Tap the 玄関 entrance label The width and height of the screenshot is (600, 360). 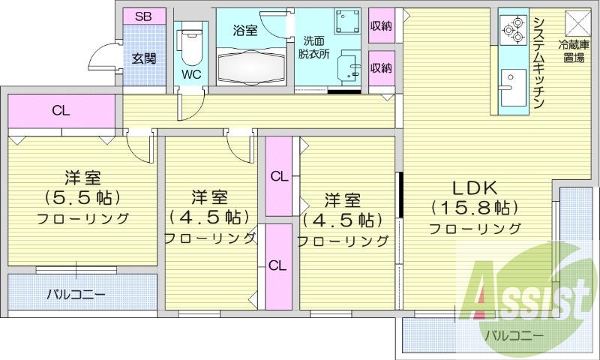pyautogui.click(x=144, y=58)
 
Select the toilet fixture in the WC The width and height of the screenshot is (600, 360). pyautogui.click(x=190, y=46)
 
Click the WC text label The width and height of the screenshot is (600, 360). pyautogui.click(x=190, y=75)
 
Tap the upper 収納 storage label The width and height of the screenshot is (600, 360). pyautogui.click(x=381, y=26)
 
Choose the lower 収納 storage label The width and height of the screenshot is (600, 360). pyautogui.click(x=381, y=68)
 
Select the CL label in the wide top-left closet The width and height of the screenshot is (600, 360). pyautogui.click(x=61, y=111)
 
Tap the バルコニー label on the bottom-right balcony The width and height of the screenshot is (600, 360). pyautogui.click(x=514, y=334)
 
